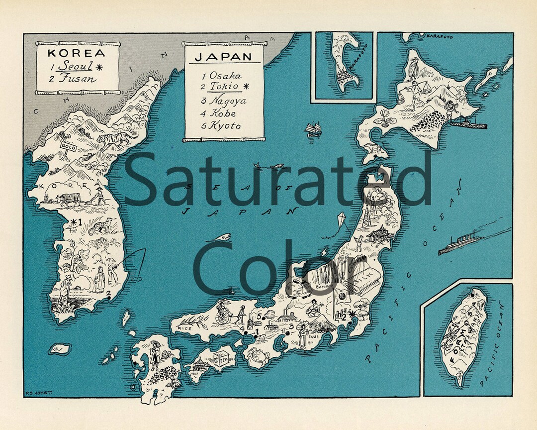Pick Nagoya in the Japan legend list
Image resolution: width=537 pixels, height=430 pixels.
[x=227, y=101]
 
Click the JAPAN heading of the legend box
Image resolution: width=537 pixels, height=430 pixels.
[x=223, y=56]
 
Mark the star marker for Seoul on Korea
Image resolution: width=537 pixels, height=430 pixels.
[x=74, y=222]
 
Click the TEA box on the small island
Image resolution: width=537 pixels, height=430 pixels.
[x=220, y=357]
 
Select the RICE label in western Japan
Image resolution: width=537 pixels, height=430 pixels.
[x=184, y=328]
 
